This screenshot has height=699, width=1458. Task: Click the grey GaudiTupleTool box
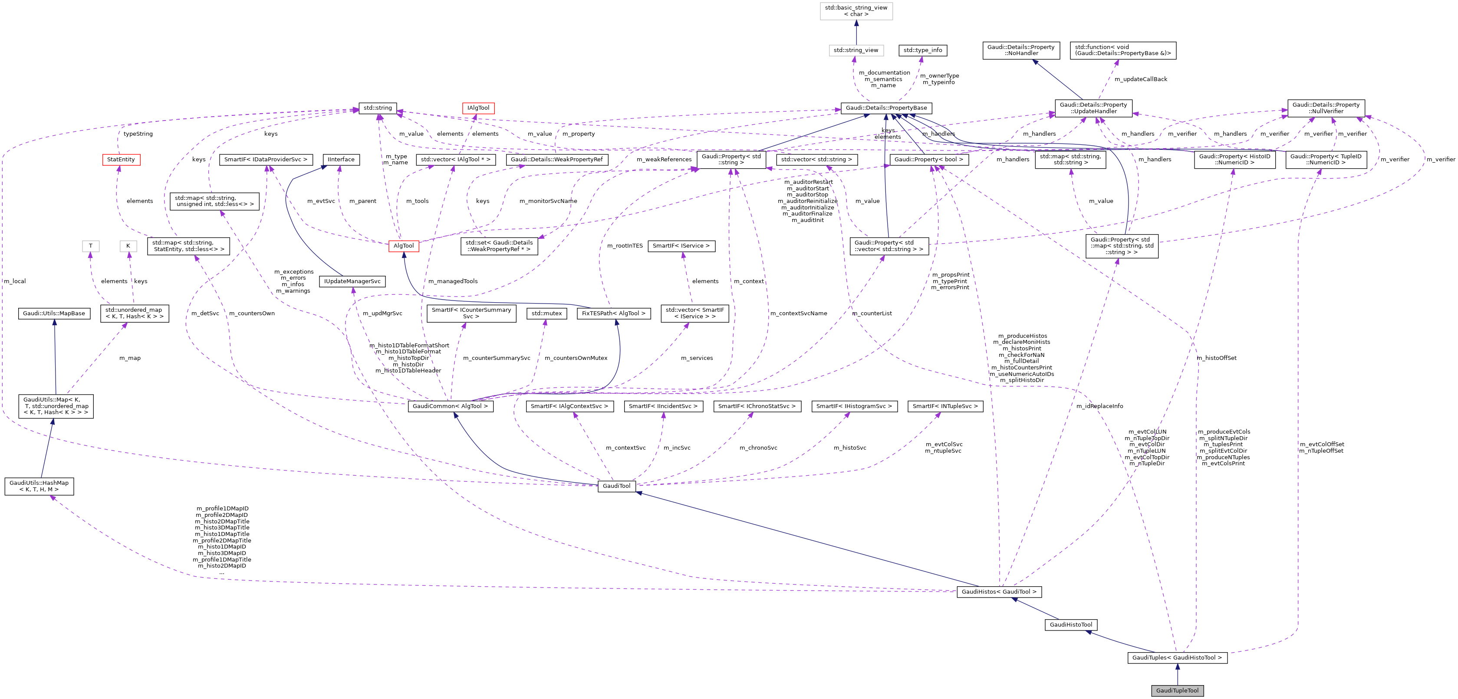1177,690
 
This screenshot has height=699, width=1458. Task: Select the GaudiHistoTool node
1070,624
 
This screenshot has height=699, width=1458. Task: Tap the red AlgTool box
404,245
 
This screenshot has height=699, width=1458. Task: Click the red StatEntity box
121,160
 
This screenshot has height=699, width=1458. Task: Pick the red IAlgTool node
478,108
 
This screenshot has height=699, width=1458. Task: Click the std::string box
378,108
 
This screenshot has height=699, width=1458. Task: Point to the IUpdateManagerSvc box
352,281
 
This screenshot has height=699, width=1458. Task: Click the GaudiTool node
616,486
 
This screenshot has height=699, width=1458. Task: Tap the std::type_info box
922,50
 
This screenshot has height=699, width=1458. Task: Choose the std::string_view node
856,50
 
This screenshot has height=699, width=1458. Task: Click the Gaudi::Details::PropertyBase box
886,108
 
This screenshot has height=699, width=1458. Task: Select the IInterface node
341,160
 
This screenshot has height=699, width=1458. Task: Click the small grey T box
91,245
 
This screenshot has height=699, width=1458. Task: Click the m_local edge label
15,281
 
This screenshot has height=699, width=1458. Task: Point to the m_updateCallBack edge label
1140,79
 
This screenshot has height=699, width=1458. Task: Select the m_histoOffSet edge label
1216,358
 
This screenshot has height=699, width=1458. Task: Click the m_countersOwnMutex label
576,358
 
